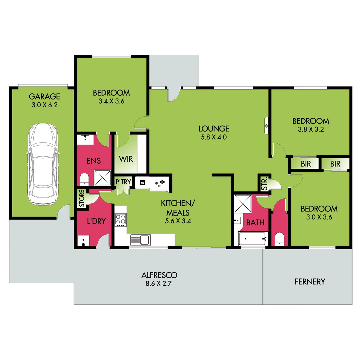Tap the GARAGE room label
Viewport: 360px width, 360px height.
pos(44,97)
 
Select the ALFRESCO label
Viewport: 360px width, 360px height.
pos(159,275)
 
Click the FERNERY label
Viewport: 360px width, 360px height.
pos(310,282)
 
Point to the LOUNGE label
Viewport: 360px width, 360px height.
pos(214,128)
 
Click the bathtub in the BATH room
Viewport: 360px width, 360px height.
pos(253,239)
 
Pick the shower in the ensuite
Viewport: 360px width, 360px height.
pos(102,177)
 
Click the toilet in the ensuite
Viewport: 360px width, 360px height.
pos(84,179)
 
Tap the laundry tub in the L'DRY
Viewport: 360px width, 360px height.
pos(83,240)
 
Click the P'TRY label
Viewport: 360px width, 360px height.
pos(123,182)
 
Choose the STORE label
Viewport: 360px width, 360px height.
pos(81,198)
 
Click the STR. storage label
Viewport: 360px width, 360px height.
pos(264,183)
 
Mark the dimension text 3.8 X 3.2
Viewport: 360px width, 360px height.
pos(311,130)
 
